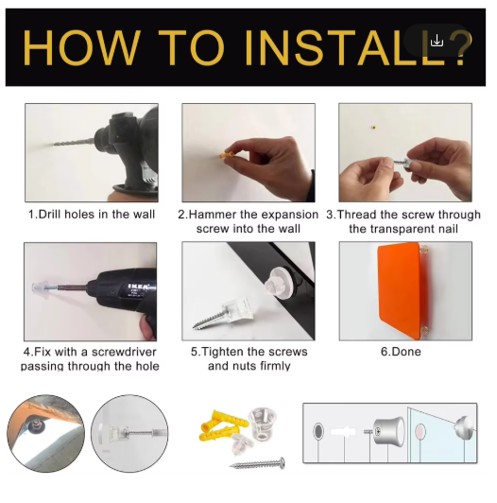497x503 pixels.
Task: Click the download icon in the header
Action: tap(437, 41)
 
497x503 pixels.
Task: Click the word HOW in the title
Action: tap(81, 48)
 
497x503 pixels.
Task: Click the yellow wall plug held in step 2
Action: tap(228, 155)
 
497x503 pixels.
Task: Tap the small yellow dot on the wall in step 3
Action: tap(372, 128)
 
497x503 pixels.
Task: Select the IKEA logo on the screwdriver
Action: tap(138, 286)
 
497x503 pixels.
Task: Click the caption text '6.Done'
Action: tap(401, 352)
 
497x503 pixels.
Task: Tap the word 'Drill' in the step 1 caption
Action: tap(50, 215)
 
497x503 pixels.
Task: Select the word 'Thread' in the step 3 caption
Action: tap(355, 215)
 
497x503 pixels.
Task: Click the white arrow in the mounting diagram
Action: tap(343, 432)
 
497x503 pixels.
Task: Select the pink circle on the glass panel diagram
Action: tap(420, 431)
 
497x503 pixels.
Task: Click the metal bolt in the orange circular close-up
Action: tap(34, 426)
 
